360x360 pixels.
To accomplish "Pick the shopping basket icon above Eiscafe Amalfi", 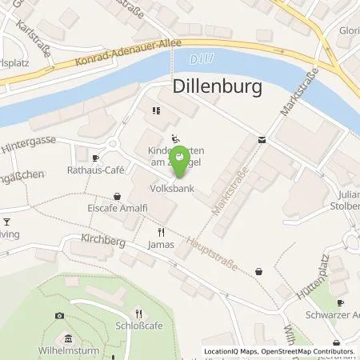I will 118,196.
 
